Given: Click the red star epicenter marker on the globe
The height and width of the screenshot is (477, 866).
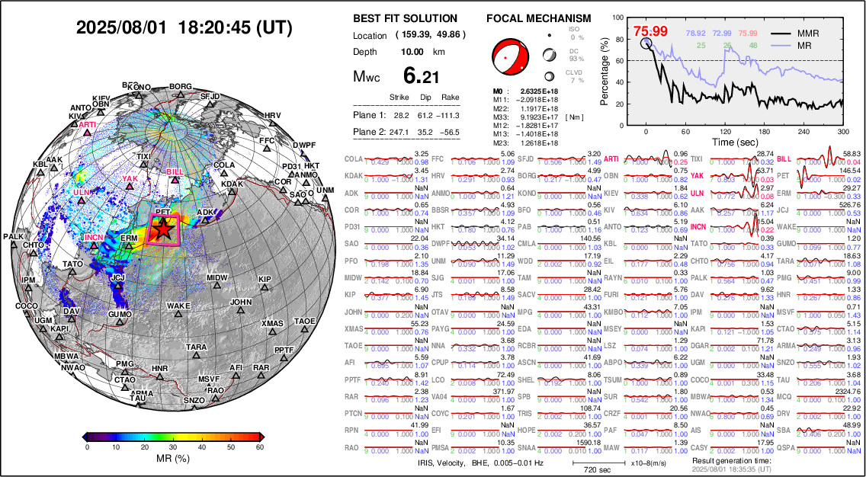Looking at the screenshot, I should point(162,229).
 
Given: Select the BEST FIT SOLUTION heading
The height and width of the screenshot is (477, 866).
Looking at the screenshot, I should point(405,18).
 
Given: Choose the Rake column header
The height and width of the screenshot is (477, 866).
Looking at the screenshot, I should point(450,98).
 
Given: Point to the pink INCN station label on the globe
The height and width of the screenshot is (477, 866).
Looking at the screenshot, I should point(93,238).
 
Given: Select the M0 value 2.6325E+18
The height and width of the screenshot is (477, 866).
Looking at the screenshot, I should point(533,91).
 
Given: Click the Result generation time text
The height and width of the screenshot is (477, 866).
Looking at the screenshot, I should point(731,460).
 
